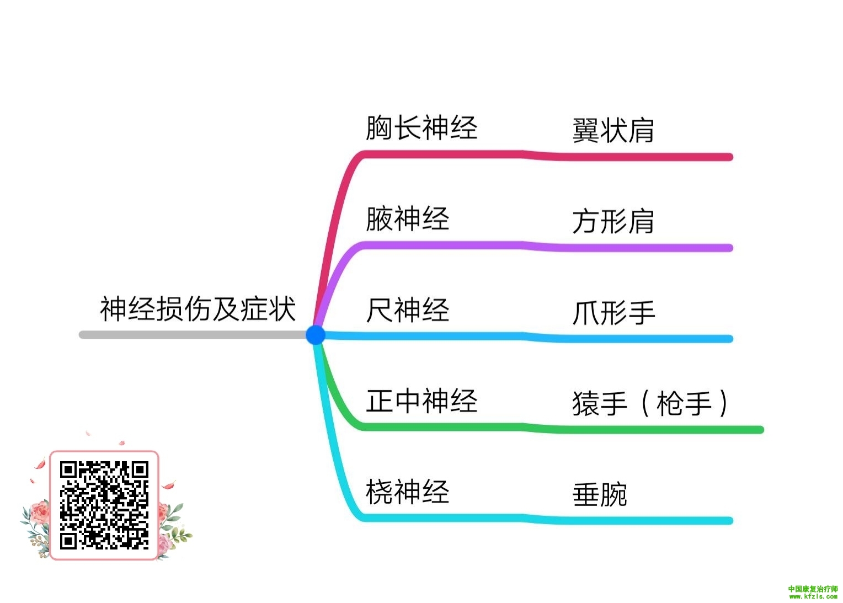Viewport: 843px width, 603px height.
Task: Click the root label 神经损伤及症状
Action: (x=198, y=308)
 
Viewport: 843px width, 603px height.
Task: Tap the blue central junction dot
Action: (x=316, y=334)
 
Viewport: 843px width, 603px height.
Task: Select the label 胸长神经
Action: (x=421, y=127)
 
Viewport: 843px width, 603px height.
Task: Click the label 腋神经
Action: (x=408, y=218)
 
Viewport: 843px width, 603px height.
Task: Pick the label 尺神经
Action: (x=408, y=309)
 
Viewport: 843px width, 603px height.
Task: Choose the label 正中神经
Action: (x=421, y=401)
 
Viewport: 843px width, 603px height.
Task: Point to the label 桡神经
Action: (x=408, y=492)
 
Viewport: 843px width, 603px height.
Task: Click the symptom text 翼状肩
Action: (x=613, y=131)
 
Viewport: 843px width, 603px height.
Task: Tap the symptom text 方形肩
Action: (x=613, y=222)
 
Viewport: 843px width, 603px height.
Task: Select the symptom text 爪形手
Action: (x=613, y=313)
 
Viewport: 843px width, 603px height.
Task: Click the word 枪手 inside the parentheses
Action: (x=684, y=404)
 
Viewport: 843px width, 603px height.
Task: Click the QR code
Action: (x=104, y=505)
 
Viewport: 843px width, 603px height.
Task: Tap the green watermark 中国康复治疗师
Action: (x=813, y=589)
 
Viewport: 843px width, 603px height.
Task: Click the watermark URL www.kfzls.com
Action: (x=813, y=596)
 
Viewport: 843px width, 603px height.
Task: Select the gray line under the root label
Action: (x=193, y=334)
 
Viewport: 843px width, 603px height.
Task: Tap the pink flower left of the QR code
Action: (x=40, y=513)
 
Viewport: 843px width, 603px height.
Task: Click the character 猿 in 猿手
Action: (x=586, y=404)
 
